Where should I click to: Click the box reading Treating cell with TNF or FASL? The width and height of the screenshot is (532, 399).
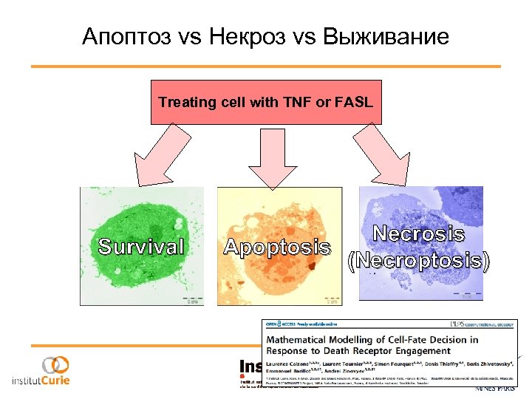[x=266, y=102]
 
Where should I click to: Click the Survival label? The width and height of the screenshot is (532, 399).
[x=141, y=247]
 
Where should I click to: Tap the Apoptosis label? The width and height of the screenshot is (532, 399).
[x=277, y=247]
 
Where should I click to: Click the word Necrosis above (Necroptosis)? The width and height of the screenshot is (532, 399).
[x=418, y=234]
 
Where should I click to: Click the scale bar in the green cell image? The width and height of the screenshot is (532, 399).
[x=191, y=298]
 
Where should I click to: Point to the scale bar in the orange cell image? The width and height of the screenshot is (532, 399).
[x=332, y=298]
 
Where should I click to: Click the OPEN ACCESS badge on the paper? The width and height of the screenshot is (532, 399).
[x=283, y=324]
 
